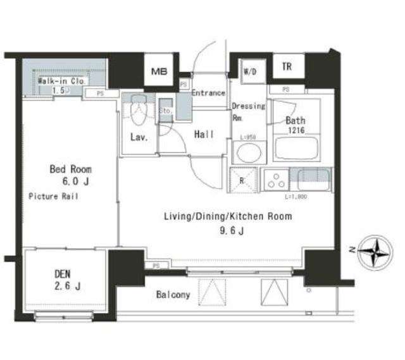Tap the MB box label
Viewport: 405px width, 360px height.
[158, 71]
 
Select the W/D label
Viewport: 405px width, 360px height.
[249, 71]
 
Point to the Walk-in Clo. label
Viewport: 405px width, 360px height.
[61, 82]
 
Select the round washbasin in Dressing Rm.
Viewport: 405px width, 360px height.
[247, 152]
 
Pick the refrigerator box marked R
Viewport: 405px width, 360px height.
[243, 179]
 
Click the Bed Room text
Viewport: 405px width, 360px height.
[71, 169]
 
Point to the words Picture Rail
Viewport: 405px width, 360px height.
[53, 197]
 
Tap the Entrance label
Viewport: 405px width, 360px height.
[208, 93]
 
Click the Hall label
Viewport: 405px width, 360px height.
[203, 134]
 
